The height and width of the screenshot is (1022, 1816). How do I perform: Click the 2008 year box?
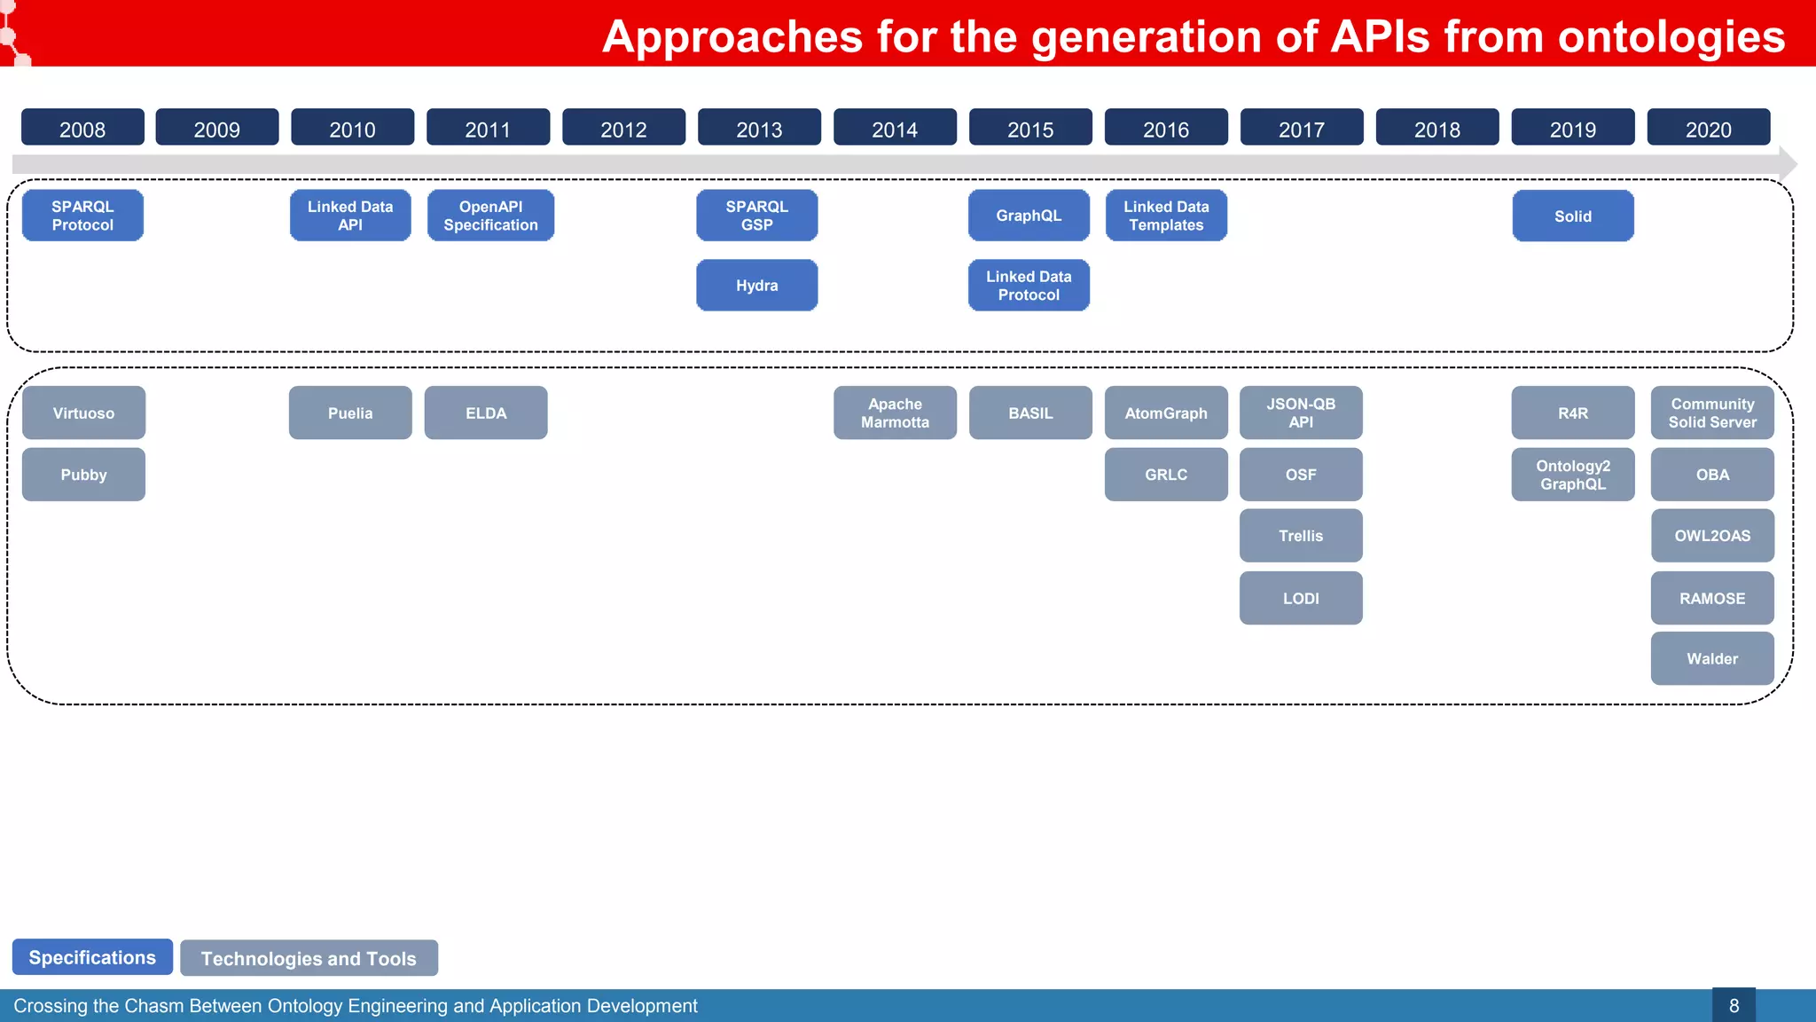click(x=82, y=128)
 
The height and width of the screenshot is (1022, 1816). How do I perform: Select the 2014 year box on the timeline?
click(x=895, y=128)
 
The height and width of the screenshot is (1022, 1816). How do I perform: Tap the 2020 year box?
click(x=1708, y=128)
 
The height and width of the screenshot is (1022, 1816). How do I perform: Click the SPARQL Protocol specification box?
click(x=82, y=216)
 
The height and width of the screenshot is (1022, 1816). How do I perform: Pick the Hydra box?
click(x=756, y=285)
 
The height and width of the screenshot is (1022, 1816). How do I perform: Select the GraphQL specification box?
click(x=1029, y=216)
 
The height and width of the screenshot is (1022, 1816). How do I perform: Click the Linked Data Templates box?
click(x=1166, y=216)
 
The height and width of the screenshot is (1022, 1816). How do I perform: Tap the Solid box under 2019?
click(x=1572, y=216)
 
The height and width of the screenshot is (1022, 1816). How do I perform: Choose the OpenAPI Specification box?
click(x=490, y=216)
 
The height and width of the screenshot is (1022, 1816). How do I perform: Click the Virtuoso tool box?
click(x=83, y=413)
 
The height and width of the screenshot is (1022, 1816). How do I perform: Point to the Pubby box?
click(x=83, y=475)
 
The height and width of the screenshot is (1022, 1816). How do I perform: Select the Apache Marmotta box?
click(x=895, y=413)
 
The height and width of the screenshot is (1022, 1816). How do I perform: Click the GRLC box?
click(x=1166, y=475)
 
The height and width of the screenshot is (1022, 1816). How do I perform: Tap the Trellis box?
click(x=1301, y=536)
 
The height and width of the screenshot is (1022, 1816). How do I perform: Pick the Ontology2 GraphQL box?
click(x=1572, y=475)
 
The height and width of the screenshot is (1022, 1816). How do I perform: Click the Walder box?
click(x=1712, y=658)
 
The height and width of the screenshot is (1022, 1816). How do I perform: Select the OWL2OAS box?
click(x=1712, y=536)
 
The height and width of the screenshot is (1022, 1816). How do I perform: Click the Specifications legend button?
click(x=92, y=957)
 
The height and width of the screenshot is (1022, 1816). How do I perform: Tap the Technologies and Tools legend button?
click(x=309, y=958)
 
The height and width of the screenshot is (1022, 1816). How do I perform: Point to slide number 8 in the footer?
click(x=1734, y=1005)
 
